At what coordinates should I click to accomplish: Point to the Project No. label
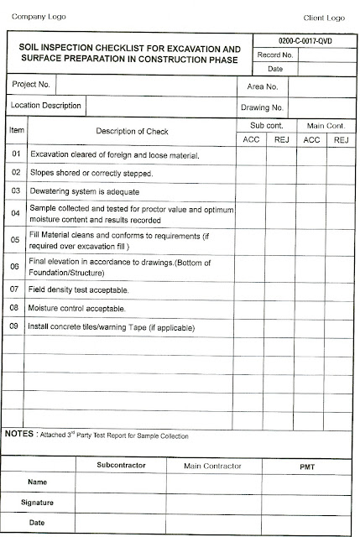[32, 86]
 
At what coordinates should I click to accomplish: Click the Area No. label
[262, 86]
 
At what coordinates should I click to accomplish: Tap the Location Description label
[46, 107]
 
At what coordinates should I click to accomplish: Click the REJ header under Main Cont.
[341, 139]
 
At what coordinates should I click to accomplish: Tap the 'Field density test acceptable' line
[80, 289]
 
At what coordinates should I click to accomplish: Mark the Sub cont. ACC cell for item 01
[251, 155]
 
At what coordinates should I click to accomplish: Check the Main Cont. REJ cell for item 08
[341, 309]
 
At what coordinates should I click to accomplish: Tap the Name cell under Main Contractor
[212, 483]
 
